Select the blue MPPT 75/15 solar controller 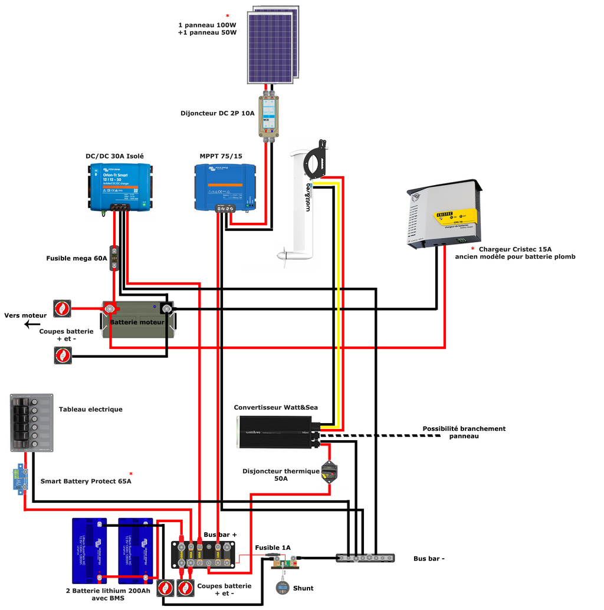(x=225, y=186)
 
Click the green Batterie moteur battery (x=139, y=321)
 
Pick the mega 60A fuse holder (x=114, y=258)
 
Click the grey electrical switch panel (x=31, y=423)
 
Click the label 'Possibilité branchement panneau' (x=464, y=432)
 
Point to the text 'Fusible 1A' (x=273, y=548)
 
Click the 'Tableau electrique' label (x=90, y=409)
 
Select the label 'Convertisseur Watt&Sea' (x=275, y=407)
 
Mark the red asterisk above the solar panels (x=227, y=16)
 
